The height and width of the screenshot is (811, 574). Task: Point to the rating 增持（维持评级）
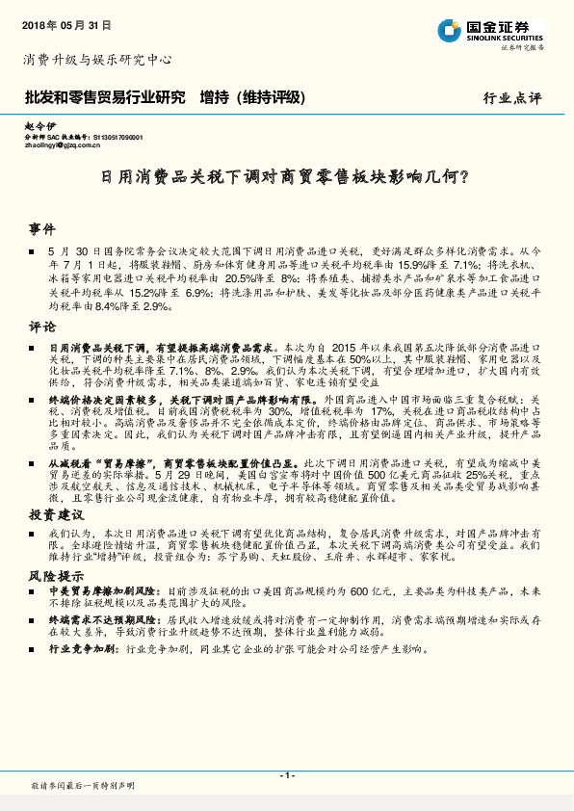252,97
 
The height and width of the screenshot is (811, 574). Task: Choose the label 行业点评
512,98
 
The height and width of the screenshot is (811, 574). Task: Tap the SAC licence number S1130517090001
117,138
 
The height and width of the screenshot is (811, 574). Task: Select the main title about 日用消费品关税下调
285,177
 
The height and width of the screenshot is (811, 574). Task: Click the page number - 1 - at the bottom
286,774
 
